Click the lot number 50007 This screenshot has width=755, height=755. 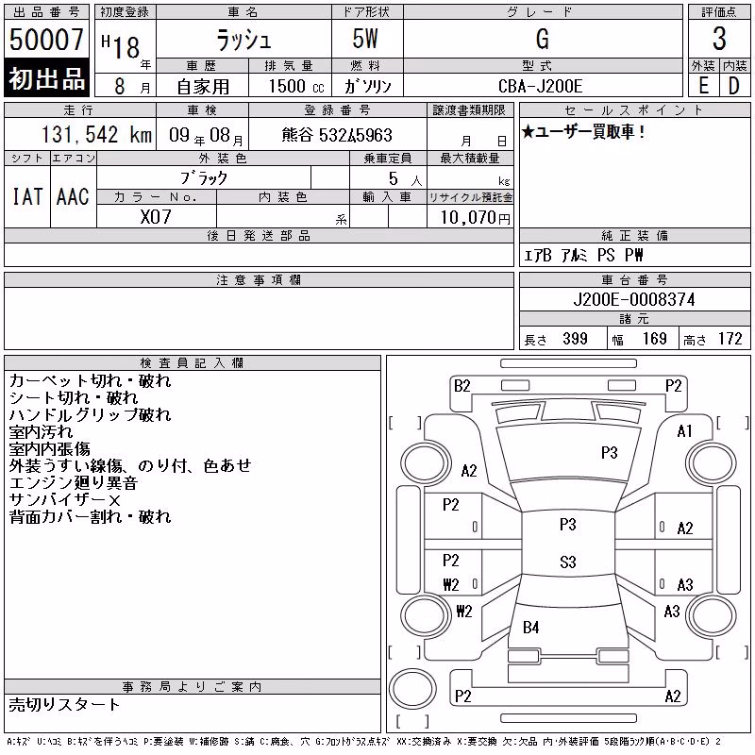coord(46,40)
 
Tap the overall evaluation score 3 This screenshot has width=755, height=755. coord(719,39)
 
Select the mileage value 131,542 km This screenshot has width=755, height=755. coord(96,135)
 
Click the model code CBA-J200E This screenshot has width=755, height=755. coord(540,86)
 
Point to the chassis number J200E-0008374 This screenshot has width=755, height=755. coord(634,299)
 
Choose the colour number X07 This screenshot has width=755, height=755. coord(156,217)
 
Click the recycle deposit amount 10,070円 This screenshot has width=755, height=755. coord(475,218)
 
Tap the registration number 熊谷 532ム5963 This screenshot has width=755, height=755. coord(337,135)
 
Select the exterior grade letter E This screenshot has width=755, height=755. coord(703,86)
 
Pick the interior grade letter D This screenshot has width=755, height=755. coord(734,86)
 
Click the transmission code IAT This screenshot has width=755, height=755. coord(27,196)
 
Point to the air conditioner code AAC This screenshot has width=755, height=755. coord(73,196)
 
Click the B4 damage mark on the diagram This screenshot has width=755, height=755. coord(530,628)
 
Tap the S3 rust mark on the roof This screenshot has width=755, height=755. coord(568,562)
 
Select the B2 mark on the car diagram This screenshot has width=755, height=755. coord(462,386)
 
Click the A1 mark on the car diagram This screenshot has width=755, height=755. coord(684,431)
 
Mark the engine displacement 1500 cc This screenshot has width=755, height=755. coord(296,86)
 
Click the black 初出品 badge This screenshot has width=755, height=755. coord(46,78)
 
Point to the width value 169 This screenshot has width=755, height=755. coord(654,339)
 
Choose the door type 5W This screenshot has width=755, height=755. coord(365,39)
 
